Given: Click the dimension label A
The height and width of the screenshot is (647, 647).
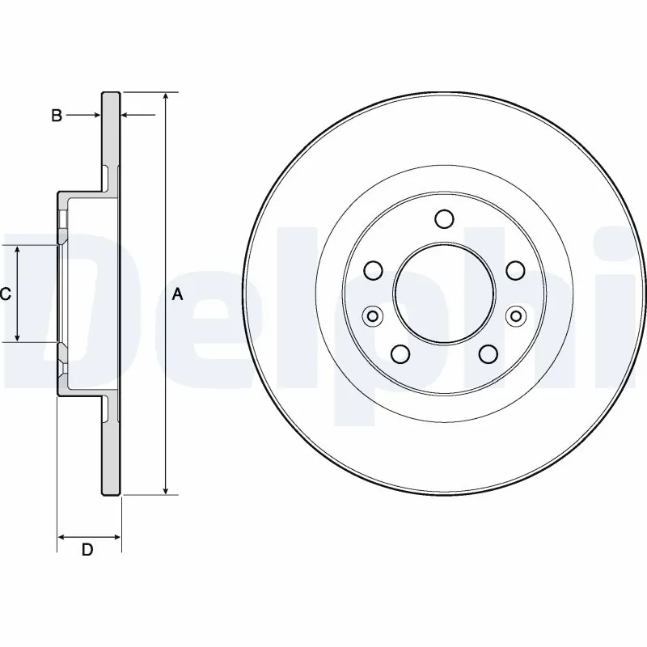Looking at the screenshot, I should tap(178, 295).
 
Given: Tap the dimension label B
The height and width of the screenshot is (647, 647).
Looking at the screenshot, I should tap(57, 116).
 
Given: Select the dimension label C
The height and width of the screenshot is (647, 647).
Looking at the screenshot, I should tap(5, 295).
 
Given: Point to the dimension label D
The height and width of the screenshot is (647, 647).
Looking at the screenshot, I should tap(87, 551).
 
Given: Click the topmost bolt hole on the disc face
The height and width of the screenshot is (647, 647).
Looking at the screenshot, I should tap(443, 219).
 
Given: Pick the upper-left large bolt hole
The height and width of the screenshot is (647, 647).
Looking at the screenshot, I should tap(373, 270).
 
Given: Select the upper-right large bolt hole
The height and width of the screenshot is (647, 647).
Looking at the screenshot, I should tap(514, 270).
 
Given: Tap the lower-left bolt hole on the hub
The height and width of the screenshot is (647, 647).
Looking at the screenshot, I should tap(400, 353).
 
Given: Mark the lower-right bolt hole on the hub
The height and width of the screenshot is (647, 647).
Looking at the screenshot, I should tap(487, 353).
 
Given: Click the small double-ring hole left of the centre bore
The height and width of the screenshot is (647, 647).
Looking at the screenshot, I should tap(372, 316).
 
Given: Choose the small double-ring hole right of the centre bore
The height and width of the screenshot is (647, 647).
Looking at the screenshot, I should tap(514, 316).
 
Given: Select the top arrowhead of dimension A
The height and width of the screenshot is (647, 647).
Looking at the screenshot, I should tap(165, 96).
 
